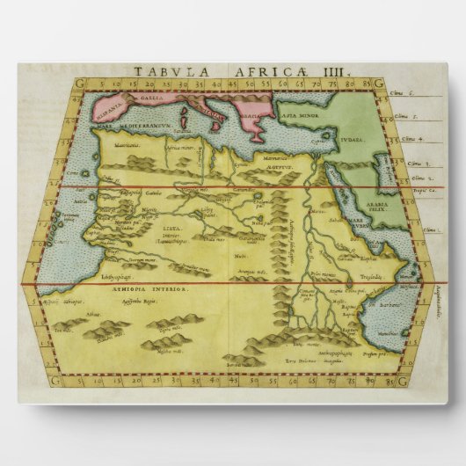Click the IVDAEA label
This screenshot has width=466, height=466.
(347, 136)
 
